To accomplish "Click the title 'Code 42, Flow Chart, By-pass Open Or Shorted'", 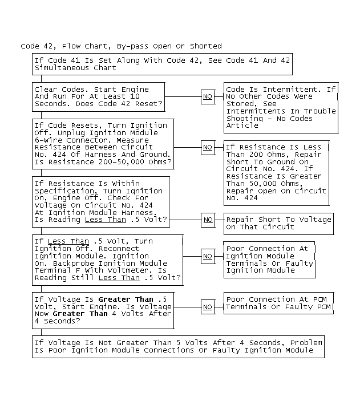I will point(121,46).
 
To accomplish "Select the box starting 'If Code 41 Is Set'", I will point(162,64).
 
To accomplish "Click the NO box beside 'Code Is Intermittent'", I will point(208,97).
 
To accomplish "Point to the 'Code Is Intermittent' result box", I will point(281,107).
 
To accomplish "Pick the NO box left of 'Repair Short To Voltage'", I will point(208,220).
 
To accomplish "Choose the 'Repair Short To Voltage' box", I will point(278,223).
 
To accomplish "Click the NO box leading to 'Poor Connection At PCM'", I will point(208,307).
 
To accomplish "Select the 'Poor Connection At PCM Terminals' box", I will point(278,303).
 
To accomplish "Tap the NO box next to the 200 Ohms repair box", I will point(208,147).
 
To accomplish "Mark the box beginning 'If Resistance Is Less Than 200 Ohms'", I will point(276,172).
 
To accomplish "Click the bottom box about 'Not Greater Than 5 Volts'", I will point(178,346).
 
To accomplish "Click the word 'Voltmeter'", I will point(135,270).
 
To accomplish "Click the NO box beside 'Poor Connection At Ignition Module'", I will point(208,256).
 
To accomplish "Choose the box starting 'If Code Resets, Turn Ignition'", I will point(103,144).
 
